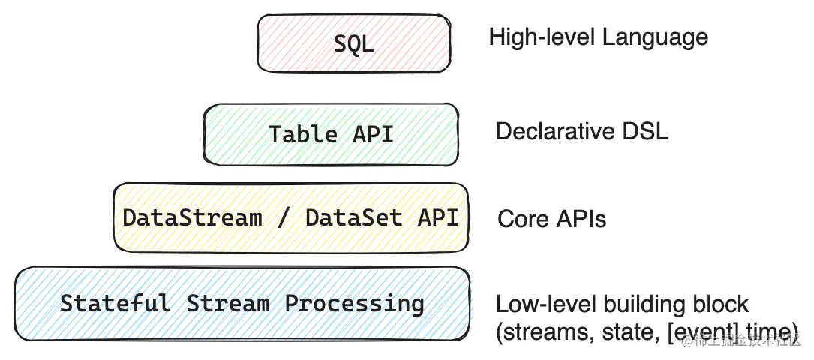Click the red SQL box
(x=354, y=43)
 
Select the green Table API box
(x=331, y=134)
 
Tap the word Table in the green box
(x=303, y=134)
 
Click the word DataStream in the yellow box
(x=192, y=217)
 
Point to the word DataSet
(x=353, y=217)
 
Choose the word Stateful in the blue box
(x=115, y=303)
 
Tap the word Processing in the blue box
(x=354, y=303)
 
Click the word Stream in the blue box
(x=227, y=303)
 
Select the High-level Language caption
(x=598, y=37)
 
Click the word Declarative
(x=554, y=132)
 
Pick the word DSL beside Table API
(x=644, y=132)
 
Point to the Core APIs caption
(x=551, y=219)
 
